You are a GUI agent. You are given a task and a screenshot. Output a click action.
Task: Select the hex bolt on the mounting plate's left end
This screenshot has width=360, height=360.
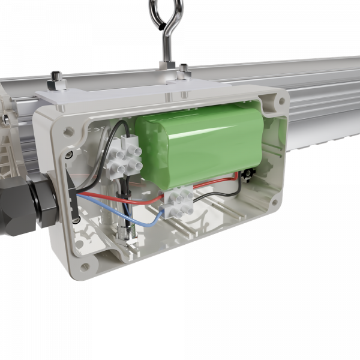click(x=56, y=77)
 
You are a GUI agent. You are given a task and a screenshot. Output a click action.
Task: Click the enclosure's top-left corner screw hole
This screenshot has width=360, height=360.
click(x=64, y=127)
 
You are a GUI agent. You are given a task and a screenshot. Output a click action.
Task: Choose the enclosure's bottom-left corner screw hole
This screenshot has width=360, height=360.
click(x=84, y=265)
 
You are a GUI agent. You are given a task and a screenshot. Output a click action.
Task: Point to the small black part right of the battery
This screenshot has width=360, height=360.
click(x=247, y=175)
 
